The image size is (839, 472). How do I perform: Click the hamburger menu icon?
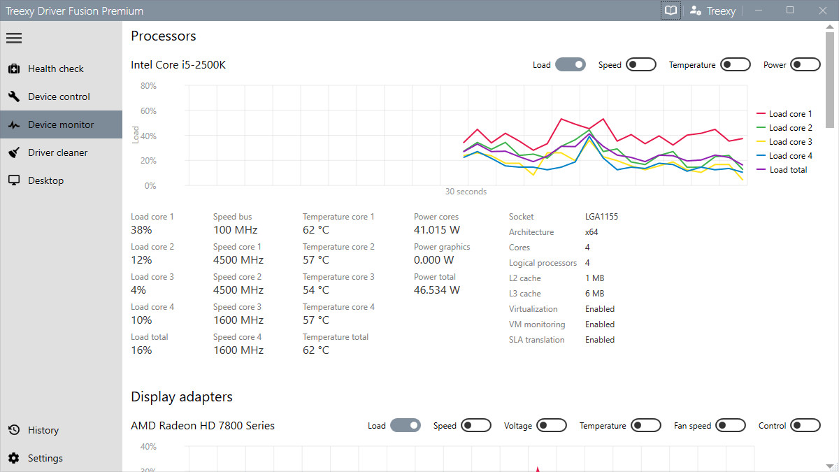(x=14, y=38)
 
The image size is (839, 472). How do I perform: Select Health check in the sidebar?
(x=56, y=69)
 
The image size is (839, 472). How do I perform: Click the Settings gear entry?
(x=45, y=458)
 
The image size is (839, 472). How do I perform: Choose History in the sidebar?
(x=43, y=430)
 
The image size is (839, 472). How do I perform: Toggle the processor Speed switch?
(x=640, y=65)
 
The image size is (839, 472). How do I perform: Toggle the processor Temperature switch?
(x=735, y=65)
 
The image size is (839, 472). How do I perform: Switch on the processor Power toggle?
(x=805, y=65)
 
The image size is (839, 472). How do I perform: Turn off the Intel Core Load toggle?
(x=570, y=65)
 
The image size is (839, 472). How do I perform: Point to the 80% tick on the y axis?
(x=148, y=86)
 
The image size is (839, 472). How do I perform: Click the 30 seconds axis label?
(x=466, y=192)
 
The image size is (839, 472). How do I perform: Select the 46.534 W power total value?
(x=437, y=289)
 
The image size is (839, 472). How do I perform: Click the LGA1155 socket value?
(x=601, y=217)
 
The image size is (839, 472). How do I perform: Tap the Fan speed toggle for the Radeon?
(x=730, y=426)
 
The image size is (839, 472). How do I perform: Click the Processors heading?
(x=164, y=36)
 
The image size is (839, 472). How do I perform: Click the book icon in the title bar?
(x=671, y=10)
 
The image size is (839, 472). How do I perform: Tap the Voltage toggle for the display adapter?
(x=551, y=426)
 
